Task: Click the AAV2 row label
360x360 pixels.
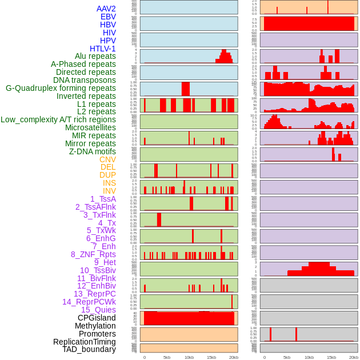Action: (106, 9)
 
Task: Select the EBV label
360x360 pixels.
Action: (108, 17)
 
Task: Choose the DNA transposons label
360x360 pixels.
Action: (85, 80)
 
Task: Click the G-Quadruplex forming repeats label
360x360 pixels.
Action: (61, 88)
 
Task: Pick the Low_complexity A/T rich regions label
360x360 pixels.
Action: (58, 119)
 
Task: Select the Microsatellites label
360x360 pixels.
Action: (90, 127)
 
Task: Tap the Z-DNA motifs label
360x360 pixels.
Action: (92, 151)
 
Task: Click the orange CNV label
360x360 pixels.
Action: (107, 159)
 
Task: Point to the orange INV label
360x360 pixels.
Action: (109, 191)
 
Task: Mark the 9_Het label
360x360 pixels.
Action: (105, 262)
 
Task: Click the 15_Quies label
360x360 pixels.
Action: (98, 310)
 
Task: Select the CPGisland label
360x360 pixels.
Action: (97, 318)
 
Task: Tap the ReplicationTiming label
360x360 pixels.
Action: (84, 342)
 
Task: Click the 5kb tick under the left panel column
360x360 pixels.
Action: (166, 357)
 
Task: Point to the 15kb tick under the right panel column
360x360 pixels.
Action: (331, 357)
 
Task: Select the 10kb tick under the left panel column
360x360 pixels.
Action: (189, 357)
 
